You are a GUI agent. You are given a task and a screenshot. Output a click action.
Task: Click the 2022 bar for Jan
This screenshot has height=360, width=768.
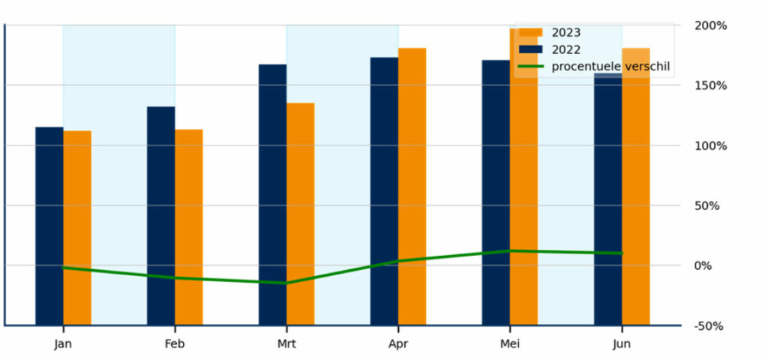point(49,225)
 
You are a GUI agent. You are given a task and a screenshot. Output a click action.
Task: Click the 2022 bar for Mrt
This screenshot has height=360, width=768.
point(272,194)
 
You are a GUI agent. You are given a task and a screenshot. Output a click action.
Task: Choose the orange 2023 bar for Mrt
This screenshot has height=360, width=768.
point(300,214)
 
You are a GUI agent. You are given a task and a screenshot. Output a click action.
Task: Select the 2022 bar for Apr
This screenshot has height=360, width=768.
point(384,190)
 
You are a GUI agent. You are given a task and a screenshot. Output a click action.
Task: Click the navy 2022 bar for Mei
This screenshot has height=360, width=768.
point(495,192)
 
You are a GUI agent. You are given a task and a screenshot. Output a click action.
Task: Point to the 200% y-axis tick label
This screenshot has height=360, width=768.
point(711,25)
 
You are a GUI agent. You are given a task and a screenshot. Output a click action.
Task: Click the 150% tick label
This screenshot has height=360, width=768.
point(711,85)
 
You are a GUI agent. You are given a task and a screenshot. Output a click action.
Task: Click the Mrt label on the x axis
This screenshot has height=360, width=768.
point(286,344)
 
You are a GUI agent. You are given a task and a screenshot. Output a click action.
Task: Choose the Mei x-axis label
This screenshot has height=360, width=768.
point(509,344)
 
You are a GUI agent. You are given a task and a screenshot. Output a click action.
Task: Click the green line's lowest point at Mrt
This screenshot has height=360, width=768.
point(286,283)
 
